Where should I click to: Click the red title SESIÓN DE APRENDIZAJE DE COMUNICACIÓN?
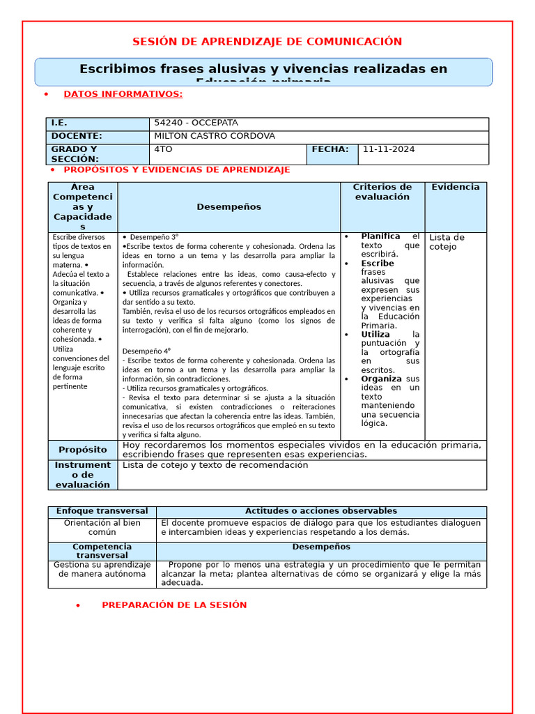coord(267,42)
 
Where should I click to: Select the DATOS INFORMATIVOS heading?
coord(123,94)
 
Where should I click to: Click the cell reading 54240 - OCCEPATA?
coord(196,123)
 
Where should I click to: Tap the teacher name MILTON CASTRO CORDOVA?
coord(214,136)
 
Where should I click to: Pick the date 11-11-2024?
coord(389,149)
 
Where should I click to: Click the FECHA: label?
coord(330,149)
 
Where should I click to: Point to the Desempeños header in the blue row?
coord(228,207)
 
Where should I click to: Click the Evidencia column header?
coord(455,187)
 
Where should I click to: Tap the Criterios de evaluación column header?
coord(382,192)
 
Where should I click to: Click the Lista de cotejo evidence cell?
coord(447,242)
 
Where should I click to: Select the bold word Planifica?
coord(380,236)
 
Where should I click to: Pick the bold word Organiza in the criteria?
coord(381,379)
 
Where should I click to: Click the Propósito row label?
coord(83,450)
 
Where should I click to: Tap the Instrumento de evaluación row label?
coord(83,474)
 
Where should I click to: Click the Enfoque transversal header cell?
coord(102,511)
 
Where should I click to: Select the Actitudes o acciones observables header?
coord(321,511)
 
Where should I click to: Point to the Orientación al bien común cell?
coord(102,527)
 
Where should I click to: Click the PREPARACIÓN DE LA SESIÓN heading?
coord(174,605)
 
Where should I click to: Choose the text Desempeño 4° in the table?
coord(146,351)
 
